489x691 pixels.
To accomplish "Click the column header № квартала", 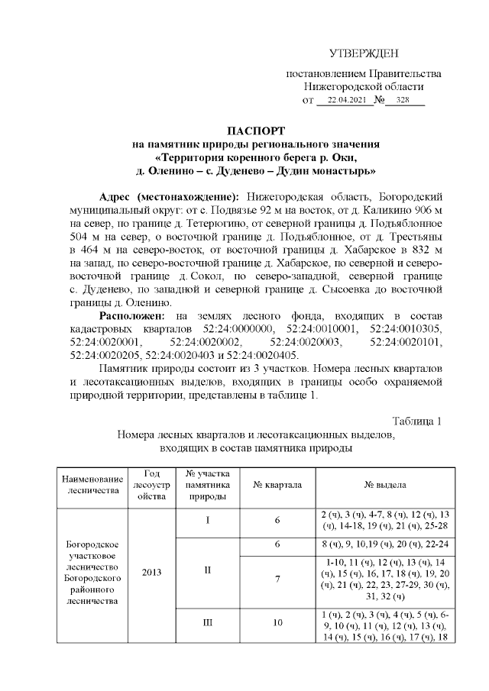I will (x=277, y=486).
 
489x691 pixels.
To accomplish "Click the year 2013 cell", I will (x=150, y=570).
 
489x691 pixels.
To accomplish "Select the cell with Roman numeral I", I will (x=208, y=520).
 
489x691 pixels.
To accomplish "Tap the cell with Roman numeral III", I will (x=208, y=622).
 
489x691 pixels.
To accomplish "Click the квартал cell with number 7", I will (x=277, y=579).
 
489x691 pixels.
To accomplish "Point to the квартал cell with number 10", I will (x=277, y=622).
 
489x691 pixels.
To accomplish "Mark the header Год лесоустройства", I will (x=150, y=486).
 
